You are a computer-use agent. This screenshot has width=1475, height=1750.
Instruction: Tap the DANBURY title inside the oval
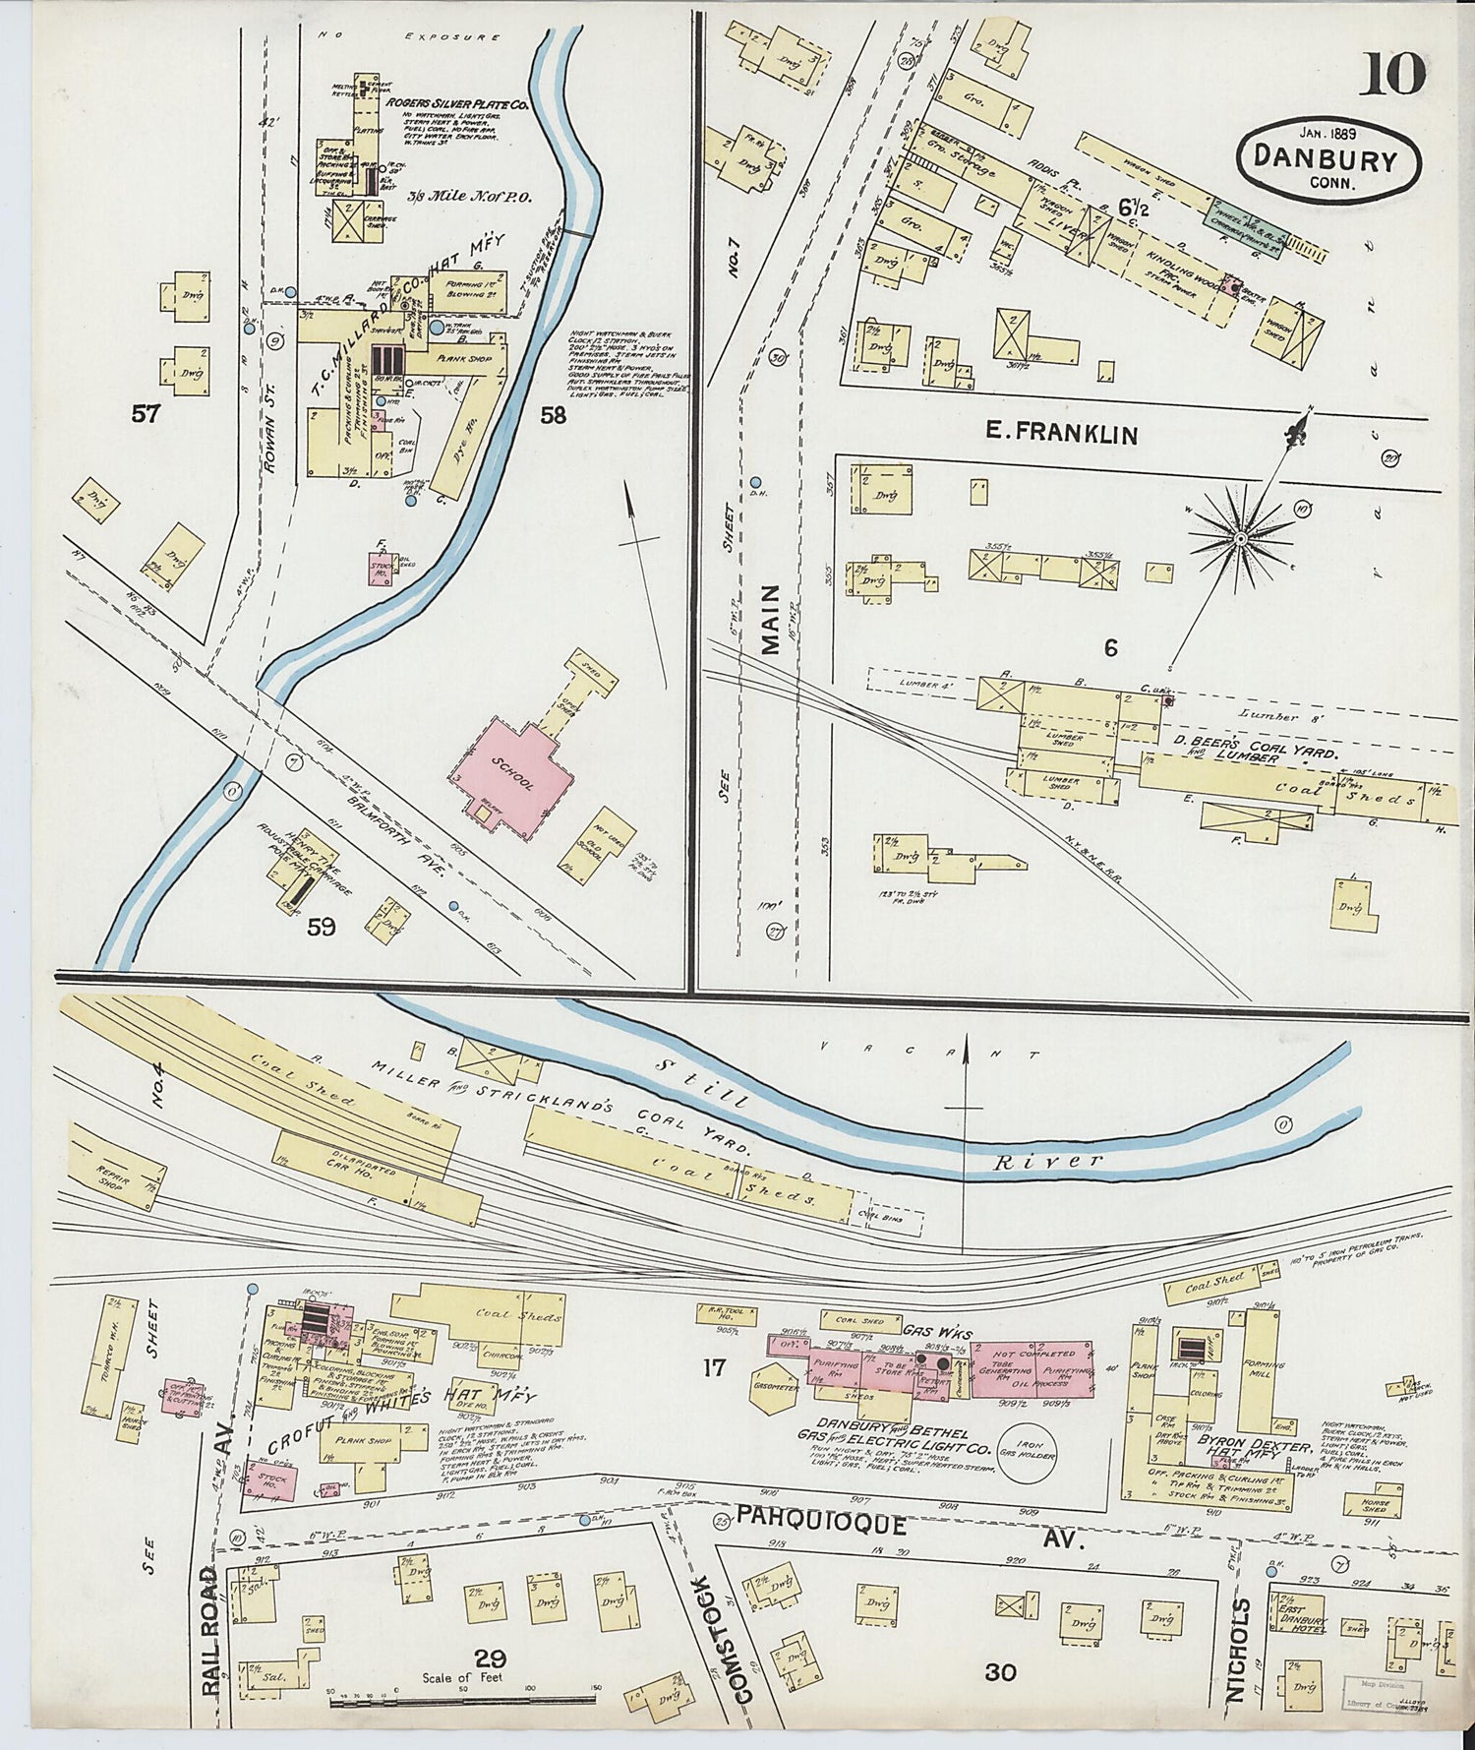pos(1327,160)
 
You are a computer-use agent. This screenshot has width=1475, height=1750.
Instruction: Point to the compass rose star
pos(1241,538)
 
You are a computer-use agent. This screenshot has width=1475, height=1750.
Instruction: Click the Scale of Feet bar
pos(463,1701)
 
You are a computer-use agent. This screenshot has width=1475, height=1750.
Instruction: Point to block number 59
pos(321,926)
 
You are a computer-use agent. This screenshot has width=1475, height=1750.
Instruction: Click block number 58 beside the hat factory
pos(553,415)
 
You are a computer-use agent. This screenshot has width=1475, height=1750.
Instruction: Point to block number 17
pos(713,1367)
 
